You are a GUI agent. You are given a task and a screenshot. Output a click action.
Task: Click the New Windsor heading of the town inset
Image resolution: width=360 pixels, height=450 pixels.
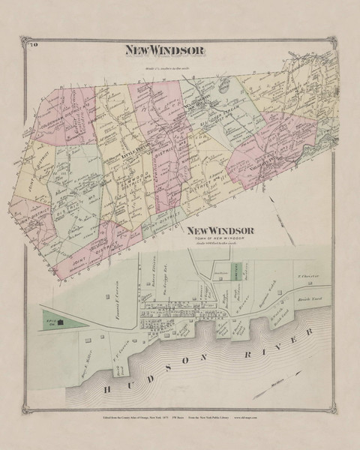coord(222,231)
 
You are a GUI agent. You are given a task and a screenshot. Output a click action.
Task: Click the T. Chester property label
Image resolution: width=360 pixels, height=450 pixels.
coord(310,276)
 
